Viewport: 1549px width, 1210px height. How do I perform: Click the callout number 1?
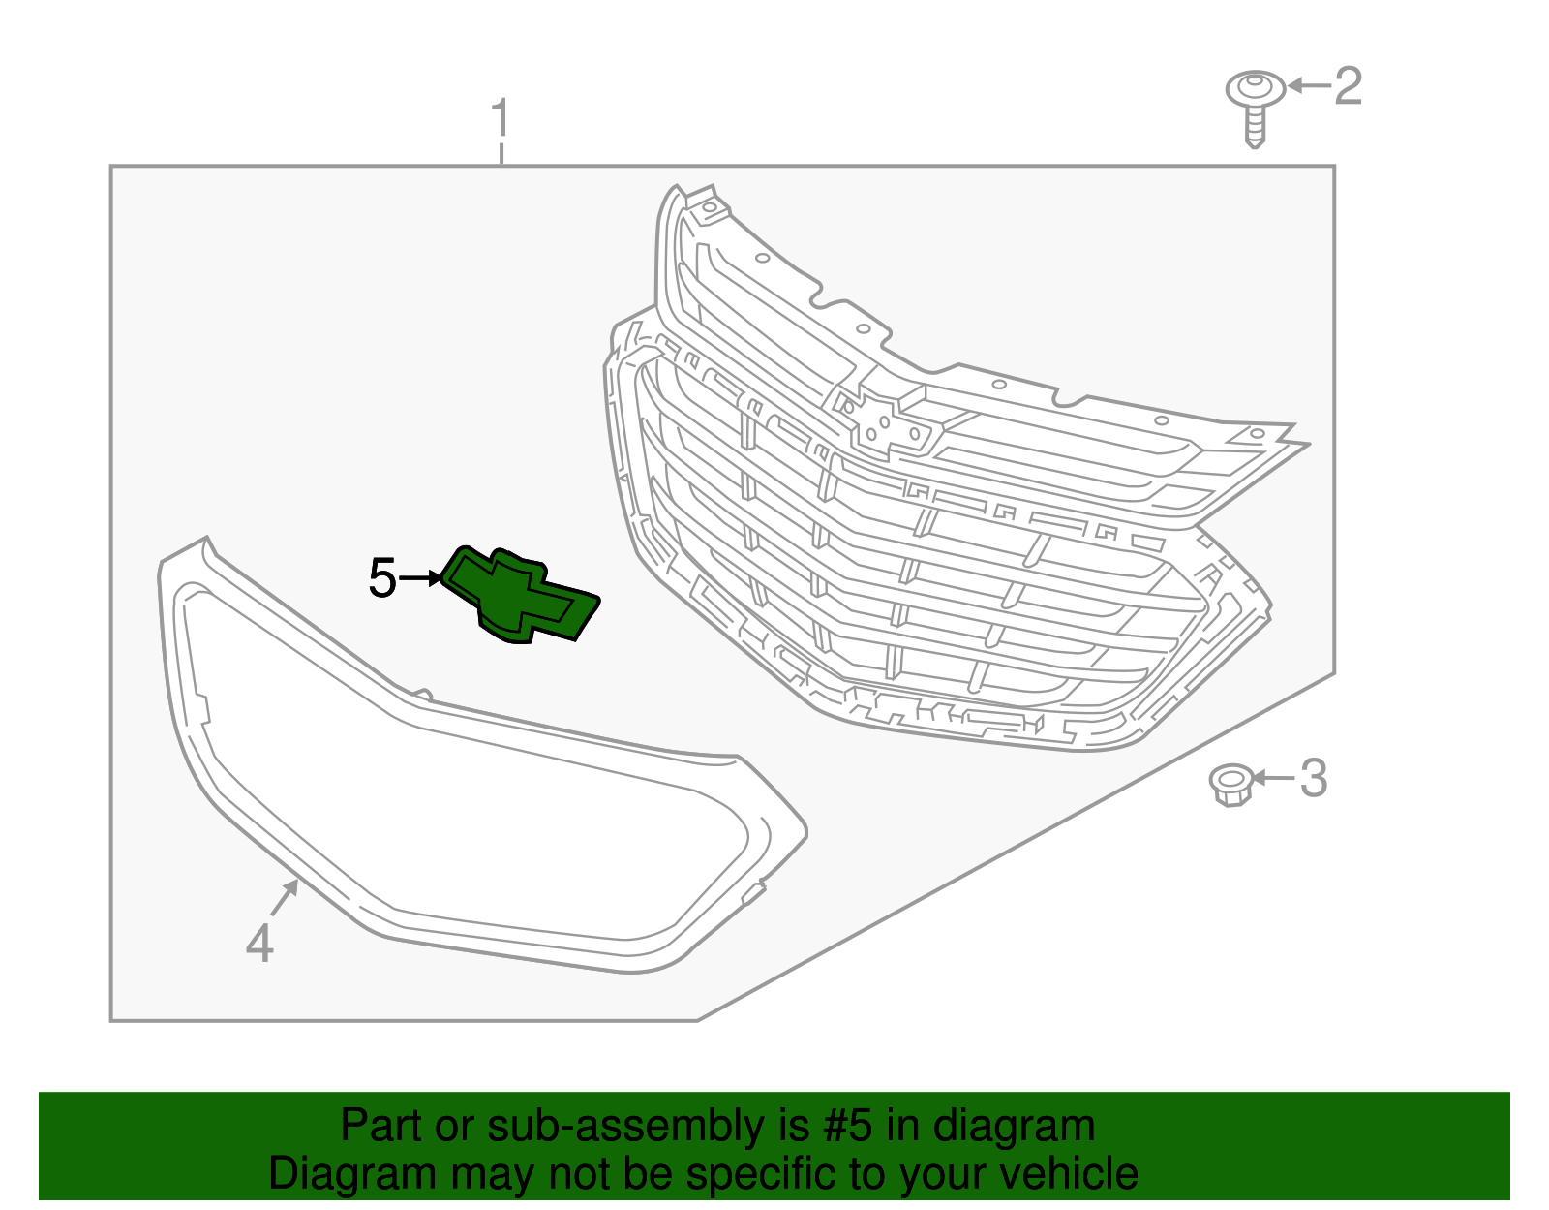(501, 117)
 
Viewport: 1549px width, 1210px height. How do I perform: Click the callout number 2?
(1348, 85)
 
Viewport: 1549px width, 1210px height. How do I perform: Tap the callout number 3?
(1314, 778)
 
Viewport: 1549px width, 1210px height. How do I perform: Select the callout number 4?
(259, 942)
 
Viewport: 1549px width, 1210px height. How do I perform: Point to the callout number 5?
(382, 577)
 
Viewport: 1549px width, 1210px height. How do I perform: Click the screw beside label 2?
(1256, 109)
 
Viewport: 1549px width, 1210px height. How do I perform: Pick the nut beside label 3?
(1231, 785)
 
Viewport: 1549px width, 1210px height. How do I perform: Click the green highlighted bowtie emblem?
(521, 595)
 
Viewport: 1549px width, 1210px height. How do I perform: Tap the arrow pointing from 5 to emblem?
(420, 577)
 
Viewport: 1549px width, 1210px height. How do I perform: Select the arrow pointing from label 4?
(284, 897)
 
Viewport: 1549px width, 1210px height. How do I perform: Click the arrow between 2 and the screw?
(1310, 85)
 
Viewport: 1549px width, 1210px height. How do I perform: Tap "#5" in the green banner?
(847, 1125)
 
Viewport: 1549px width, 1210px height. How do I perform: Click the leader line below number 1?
(501, 154)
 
